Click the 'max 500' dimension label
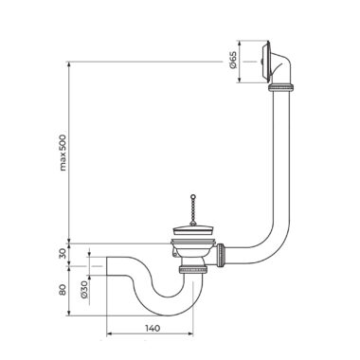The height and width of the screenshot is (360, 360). pyautogui.click(x=63, y=153)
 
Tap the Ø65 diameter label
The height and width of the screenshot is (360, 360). pyautogui.click(x=233, y=61)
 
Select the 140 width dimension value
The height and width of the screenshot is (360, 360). pyautogui.click(x=153, y=328)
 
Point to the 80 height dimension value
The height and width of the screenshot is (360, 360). pyautogui.click(x=63, y=290)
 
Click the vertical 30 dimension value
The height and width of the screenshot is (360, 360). pyautogui.click(x=63, y=253)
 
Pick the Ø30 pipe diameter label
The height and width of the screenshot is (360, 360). pyautogui.click(x=83, y=290)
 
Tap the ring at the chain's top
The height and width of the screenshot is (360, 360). pyautogui.click(x=192, y=196)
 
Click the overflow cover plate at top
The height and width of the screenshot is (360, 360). pyautogui.click(x=266, y=62)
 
